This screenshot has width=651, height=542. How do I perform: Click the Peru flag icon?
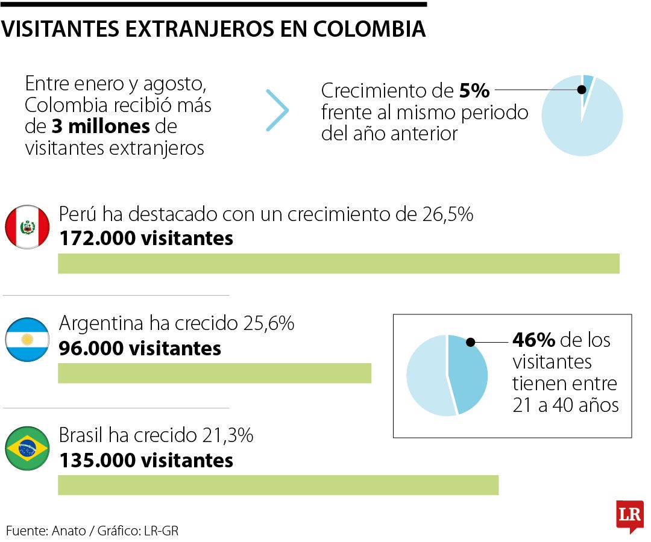click(27, 226)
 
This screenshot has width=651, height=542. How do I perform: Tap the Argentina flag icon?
click(27, 340)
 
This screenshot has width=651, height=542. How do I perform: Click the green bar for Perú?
click(338, 264)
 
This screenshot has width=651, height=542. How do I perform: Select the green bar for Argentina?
click(214, 373)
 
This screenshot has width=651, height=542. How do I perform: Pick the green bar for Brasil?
click(278, 485)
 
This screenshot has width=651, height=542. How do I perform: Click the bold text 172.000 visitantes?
click(146, 238)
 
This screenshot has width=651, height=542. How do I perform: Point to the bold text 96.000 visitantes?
click(140, 348)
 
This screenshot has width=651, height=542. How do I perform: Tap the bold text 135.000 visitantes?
click(146, 461)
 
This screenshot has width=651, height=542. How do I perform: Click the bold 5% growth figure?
click(474, 92)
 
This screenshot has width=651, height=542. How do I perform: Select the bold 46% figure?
click(533, 340)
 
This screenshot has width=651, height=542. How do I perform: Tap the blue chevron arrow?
click(278, 111)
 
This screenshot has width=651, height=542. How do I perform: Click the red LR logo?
click(630, 516)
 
